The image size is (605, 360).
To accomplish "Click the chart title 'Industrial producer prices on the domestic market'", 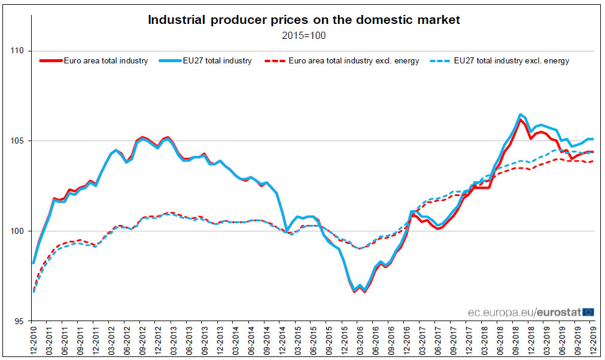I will [304, 20].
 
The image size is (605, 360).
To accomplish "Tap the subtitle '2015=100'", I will [304, 35].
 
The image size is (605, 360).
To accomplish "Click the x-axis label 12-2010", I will [34, 341].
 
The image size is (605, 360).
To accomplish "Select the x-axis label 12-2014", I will [282, 341].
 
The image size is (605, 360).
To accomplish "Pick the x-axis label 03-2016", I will [360, 341].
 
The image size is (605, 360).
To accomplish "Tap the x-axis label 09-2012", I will [142, 341].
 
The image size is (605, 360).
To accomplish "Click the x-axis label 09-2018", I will [515, 341].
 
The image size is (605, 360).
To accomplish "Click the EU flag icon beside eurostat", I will [588, 312].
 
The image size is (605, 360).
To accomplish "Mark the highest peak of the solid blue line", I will [521, 114].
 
